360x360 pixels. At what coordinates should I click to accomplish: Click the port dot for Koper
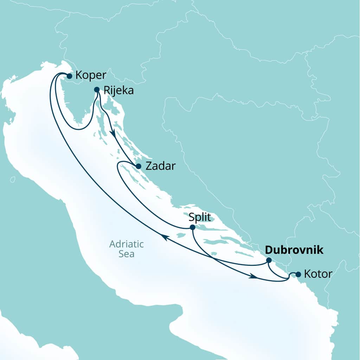(69, 76)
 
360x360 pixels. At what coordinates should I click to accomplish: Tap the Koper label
(91, 76)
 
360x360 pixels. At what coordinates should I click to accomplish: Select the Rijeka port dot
(97, 90)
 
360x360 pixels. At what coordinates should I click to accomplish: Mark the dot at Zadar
(139, 166)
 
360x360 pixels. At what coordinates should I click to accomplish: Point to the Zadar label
(160, 166)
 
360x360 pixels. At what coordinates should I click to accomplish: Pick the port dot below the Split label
(192, 227)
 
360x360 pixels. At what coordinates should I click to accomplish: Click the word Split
(200, 217)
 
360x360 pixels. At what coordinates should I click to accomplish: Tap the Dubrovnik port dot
(269, 260)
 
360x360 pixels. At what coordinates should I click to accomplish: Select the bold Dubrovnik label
(294, 250)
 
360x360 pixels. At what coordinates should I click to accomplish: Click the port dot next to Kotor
(298, 274)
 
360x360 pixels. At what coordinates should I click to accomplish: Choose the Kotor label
(318, 274)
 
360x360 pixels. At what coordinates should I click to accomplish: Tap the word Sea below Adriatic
(127, 253)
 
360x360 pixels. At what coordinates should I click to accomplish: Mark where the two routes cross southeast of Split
(213, 259)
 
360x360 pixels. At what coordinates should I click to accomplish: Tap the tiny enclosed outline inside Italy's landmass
(13, 180)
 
